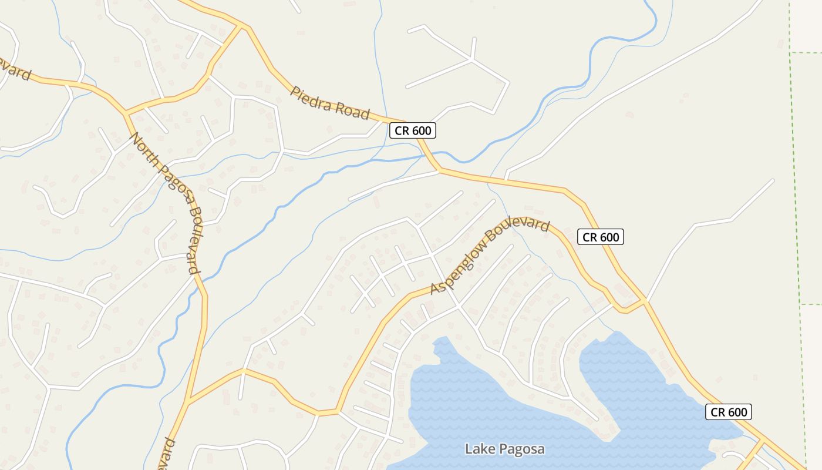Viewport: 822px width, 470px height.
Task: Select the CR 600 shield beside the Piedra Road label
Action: click(413, 130)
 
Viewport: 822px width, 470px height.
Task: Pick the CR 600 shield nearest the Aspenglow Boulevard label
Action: click(600, 237)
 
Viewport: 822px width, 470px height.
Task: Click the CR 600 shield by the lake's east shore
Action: click(728, 412)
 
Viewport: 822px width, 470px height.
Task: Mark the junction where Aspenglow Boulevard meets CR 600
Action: click(644, 301)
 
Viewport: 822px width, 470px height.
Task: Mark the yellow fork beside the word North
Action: click(126, 112)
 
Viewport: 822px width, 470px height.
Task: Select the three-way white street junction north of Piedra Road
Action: click(472, 59)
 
